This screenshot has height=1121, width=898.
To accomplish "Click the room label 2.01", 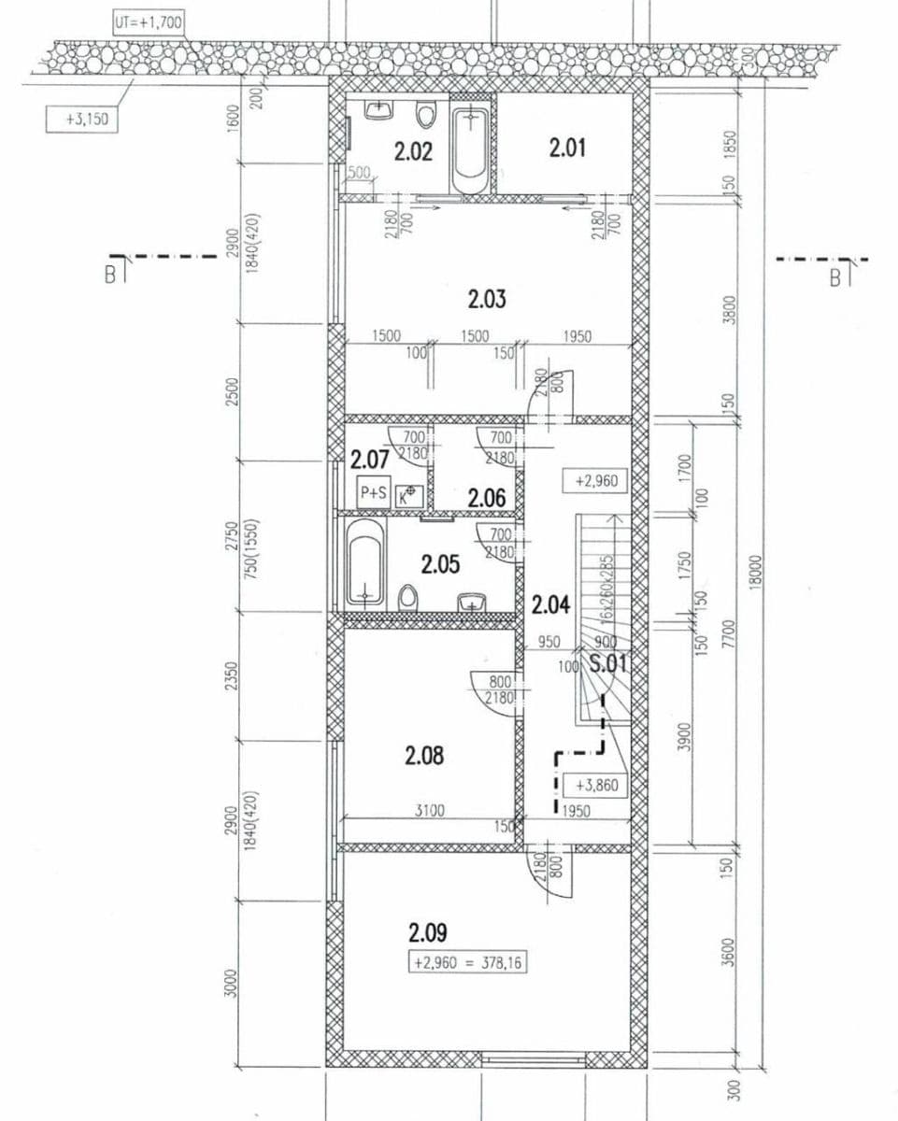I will tap(567, 148).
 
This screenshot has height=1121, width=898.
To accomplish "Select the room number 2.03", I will tap(487, 299).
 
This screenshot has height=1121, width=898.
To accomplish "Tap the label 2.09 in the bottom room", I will tap(428, 932).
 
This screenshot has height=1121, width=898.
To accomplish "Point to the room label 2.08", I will tap(424, 756).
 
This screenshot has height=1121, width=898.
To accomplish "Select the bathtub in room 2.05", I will tap(364, 564).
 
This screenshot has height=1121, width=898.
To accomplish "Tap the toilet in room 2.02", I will tap(426, 114).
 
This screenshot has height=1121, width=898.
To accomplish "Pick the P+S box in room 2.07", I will tap(373, 493).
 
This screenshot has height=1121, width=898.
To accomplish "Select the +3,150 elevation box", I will tap(82, 120).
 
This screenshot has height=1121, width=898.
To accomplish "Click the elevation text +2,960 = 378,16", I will tap(467, 962).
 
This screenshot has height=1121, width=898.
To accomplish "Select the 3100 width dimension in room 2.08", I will tap(430, 811).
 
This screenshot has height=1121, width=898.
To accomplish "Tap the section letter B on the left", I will tap(110, 275).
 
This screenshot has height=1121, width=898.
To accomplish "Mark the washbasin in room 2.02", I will tap(378, 110).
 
